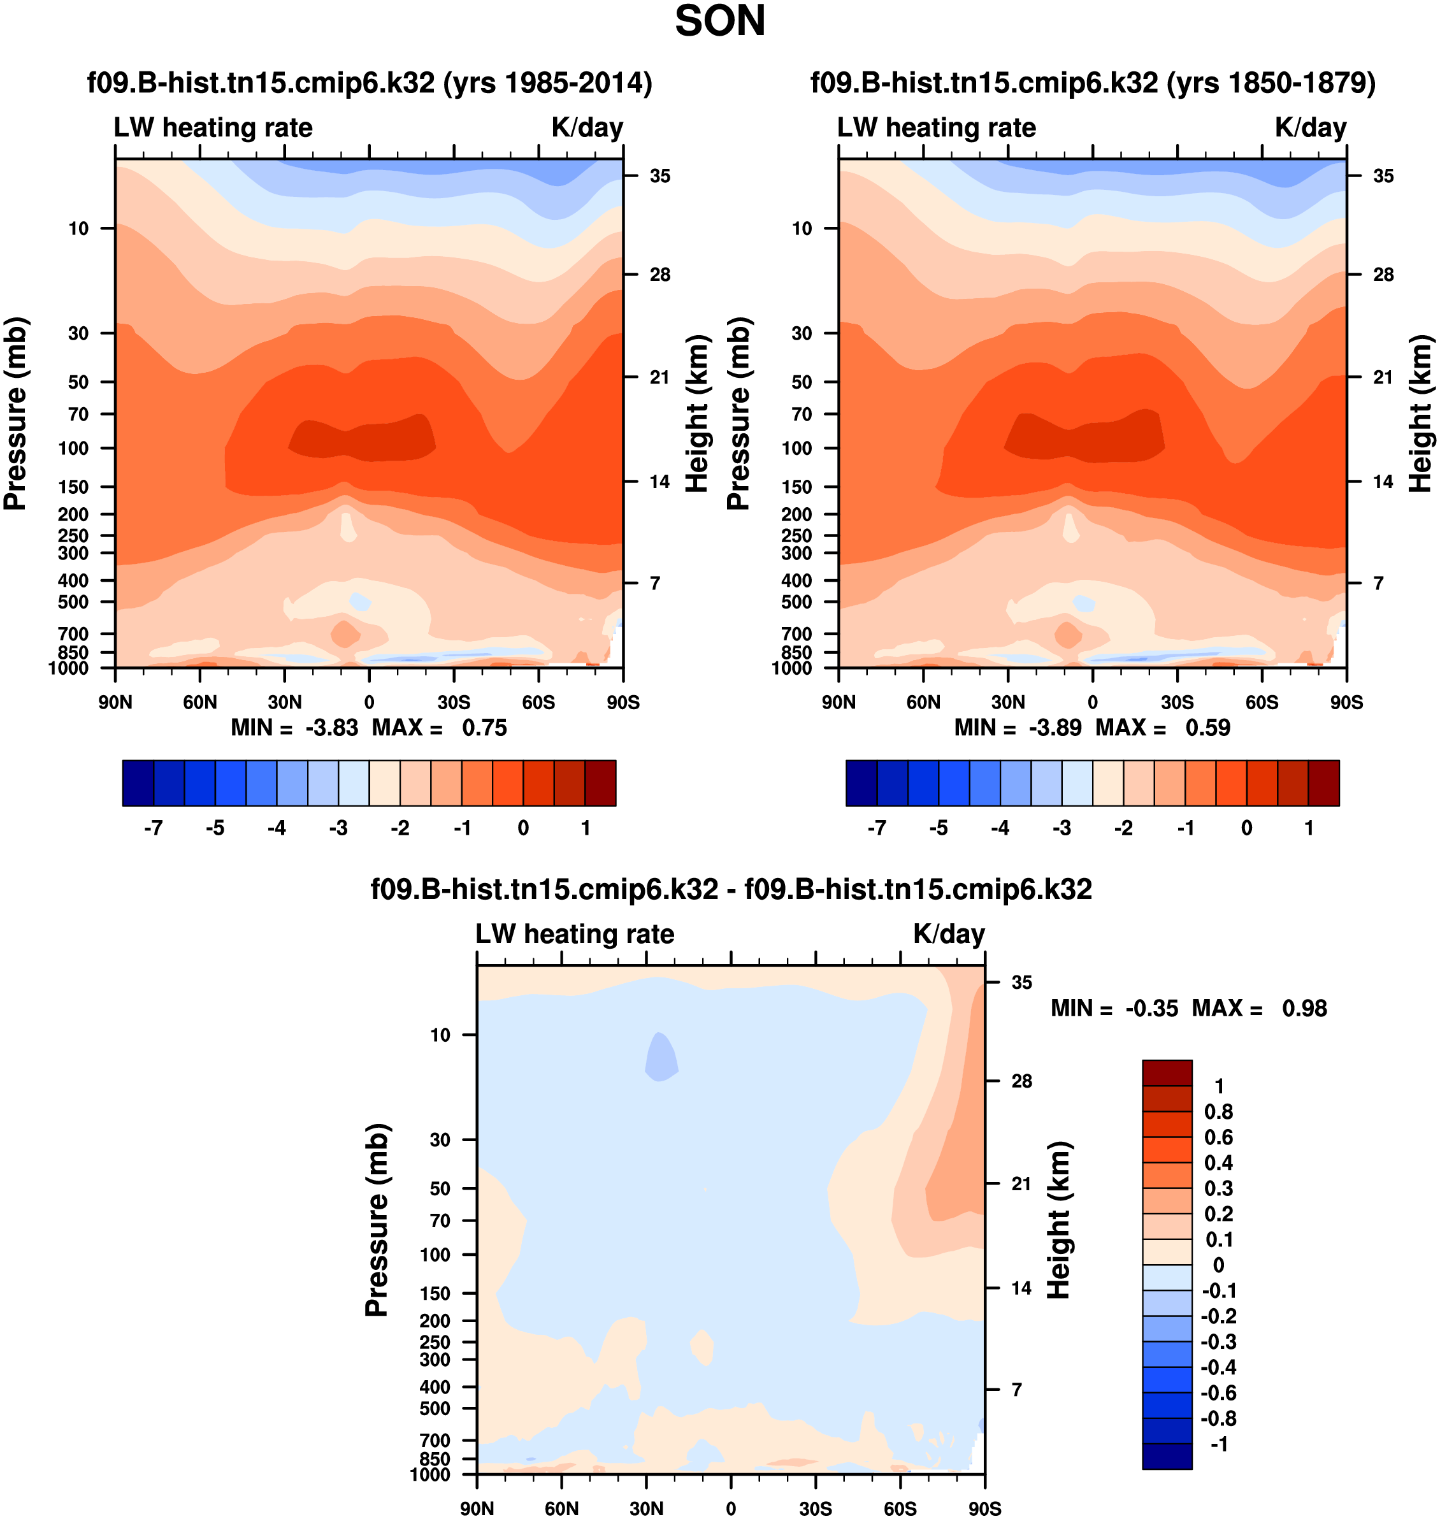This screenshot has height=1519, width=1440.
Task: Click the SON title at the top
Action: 719,22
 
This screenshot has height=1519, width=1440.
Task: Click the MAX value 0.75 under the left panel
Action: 484,728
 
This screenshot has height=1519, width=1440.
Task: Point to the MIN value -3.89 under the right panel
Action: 1055,728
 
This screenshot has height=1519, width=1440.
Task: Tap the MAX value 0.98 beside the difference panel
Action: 1304,1008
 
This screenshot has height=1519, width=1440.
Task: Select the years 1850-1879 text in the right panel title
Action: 1271,82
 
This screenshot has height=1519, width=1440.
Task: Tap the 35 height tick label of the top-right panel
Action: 1383,176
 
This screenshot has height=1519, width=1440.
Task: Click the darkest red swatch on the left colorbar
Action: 600,783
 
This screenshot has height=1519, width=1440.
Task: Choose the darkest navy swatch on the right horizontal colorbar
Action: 861,783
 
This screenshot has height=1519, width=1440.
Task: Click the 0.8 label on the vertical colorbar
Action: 1218,1111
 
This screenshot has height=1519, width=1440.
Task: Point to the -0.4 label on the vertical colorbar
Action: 1218,1367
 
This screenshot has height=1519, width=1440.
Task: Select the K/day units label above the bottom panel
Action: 948,934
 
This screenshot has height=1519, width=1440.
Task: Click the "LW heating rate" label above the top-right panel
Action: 936,127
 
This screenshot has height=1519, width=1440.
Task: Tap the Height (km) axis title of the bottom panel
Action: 1058,1220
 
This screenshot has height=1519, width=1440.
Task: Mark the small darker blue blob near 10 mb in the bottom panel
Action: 661,1057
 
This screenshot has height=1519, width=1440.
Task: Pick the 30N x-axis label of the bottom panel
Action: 646,1508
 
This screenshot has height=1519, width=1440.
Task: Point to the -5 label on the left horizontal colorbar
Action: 215,828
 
